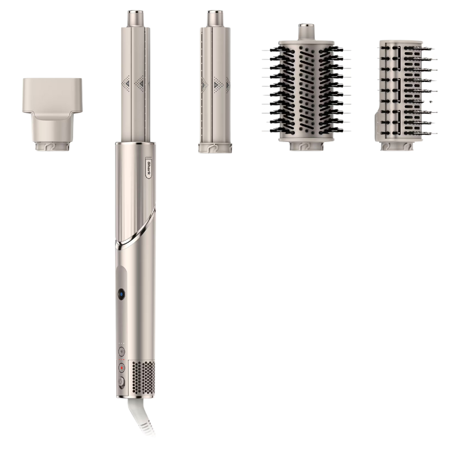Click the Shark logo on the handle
(x=149, y=167)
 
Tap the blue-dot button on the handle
(x=121, y=294)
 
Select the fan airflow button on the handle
(x=122, y=351)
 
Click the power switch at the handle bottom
(x=121, y=382)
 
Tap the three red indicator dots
(x=122, y=359)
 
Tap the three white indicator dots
(x=122, y=343)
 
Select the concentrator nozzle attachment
(x=52, y=114)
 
